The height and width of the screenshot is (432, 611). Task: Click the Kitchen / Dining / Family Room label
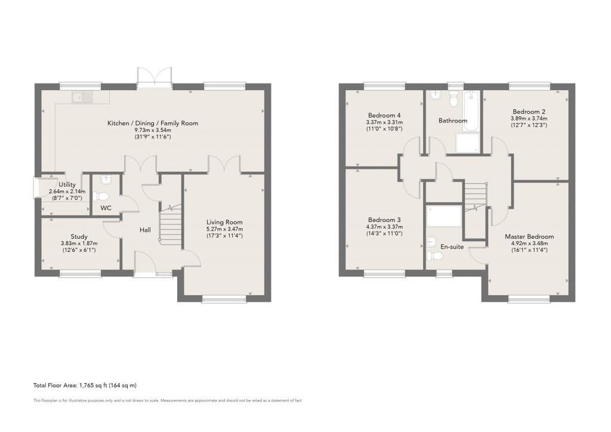click(x=153, y=123)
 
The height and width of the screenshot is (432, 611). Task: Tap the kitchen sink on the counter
click(x=81, y=97)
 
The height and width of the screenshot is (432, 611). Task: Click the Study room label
click(x=79, y=236)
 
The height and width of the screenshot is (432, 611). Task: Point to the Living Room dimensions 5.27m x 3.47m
click(x=224, y=229)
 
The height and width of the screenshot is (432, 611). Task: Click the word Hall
click(x=146, y=230)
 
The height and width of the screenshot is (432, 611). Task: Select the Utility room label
click(x=67, y=184)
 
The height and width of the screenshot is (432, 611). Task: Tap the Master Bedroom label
click(x=529, y=236)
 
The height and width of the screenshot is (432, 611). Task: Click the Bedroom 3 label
click(x=384, y=220)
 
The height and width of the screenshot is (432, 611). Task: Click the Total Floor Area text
click(x=85, y=385)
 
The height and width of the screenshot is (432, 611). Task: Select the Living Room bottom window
click(x=224, y=299)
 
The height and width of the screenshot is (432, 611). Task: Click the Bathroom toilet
click(x=453, y=99)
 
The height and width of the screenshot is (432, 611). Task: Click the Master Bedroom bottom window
click(x=529, y=299)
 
